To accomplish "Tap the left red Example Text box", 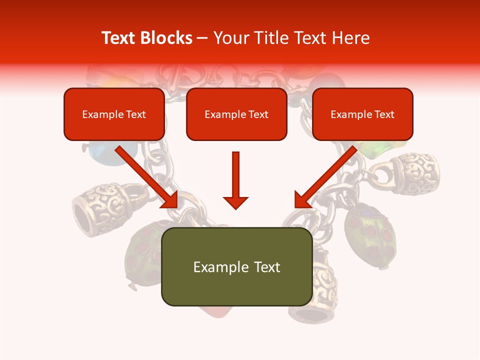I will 114,114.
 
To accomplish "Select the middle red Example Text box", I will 236,114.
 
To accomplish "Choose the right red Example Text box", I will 362,114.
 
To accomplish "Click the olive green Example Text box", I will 236,267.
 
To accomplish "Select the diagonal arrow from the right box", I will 326,177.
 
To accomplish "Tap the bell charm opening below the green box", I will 308,314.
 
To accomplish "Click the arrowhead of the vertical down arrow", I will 235,202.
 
